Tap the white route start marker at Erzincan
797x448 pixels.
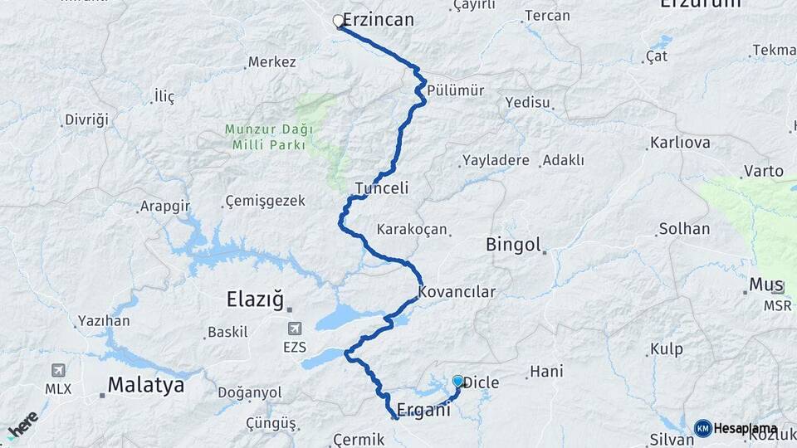[x=339, y=21]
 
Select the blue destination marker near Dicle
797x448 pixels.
[x=457, y=381]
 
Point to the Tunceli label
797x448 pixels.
[x=382, y=188]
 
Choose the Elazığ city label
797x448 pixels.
[x=256, y=298]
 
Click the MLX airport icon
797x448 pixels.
[x=57, y=370]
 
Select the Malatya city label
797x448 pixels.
[x=145, y=386]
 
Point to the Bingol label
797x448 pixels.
[x=513, y=246]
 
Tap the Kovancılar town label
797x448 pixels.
[x=457, y=292]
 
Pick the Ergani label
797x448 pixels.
[x=423, y=410]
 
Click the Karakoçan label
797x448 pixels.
[x=412, y=229]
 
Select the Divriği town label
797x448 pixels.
[x=87, y=119]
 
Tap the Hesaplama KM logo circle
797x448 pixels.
[x=702, y=428]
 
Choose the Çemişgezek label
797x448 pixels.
[x=266, y=201]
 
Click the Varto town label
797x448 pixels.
[x=764, y=171]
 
